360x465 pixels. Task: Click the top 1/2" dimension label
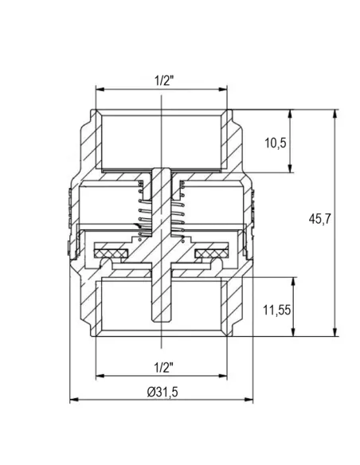(x=164, y=80)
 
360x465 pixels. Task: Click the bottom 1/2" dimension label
(x=163, y=368)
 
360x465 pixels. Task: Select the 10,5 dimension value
(x=276, y=143)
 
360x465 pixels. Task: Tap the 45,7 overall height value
(x=319, y=220)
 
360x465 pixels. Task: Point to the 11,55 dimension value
(x=276, y=311)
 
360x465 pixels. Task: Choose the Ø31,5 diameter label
(x=162, y=392)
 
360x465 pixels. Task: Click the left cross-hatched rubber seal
(x=111, y=253)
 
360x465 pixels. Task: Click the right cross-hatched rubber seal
(x=212, y=253)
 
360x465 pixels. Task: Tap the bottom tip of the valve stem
(x=162, y=322)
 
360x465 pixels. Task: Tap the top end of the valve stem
(x=162, y=169)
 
